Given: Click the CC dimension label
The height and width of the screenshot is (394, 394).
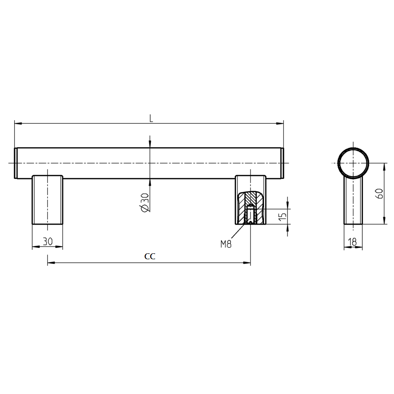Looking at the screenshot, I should (x=150, y=256).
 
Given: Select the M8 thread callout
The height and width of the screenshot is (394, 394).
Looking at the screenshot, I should (x=226, y=244).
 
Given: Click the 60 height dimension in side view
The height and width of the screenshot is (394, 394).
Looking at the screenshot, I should (x=379, y=193).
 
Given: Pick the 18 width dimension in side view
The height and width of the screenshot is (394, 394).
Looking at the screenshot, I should (x=353, y=242).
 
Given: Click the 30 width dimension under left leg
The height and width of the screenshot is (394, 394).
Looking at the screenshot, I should (x=48, y=241).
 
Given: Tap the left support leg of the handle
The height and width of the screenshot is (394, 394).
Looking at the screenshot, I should (x=47, y=200).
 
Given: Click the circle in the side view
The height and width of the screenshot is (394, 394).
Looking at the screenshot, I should (x=353, y=163).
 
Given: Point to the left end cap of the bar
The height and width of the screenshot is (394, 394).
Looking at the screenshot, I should (x=16, y=163).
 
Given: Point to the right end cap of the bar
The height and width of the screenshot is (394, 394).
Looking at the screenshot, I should (x=282, y=163).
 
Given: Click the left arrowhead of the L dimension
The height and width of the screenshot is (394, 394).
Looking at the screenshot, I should (x=18, y=124).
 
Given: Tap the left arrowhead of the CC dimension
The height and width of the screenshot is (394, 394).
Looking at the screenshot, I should (x=51, y=263).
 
